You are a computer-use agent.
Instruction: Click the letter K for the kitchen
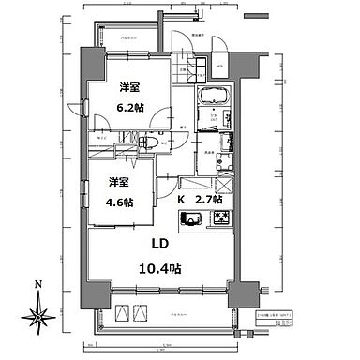pyautogui.click(x=182, y=200)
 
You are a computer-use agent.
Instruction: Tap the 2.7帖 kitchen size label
pyautogui.click(x=209, y=200)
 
